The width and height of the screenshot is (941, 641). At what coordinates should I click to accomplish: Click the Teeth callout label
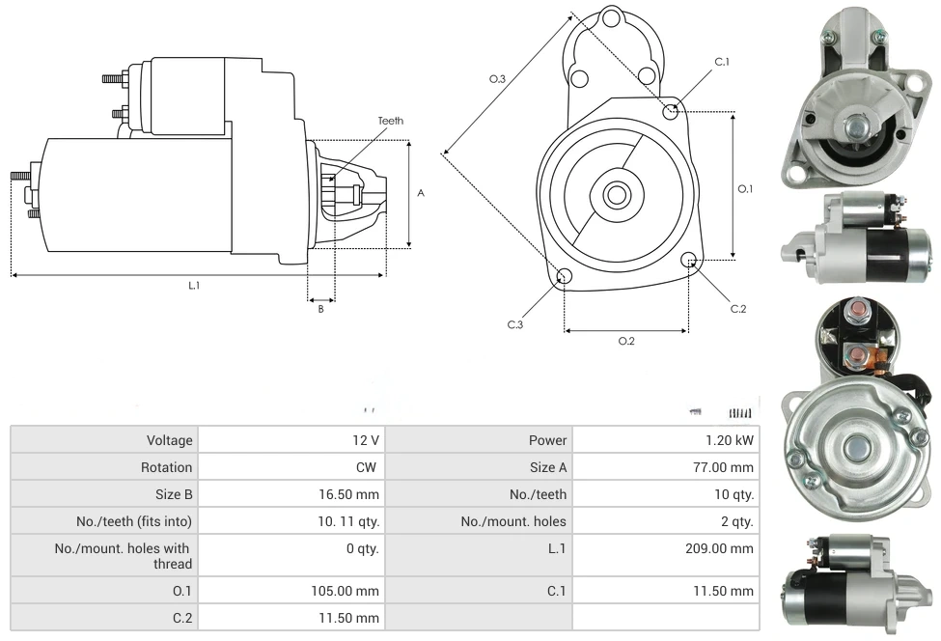click(391, 121)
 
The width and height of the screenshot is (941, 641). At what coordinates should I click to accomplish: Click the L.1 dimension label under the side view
click(194, 285)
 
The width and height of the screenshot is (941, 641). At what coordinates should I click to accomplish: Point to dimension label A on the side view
click(421, 193)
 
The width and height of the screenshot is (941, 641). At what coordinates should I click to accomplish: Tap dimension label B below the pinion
click(320, 309)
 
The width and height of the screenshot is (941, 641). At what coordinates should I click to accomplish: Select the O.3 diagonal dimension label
click(497, 79)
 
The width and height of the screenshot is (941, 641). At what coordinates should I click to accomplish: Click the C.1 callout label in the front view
click(722, 62)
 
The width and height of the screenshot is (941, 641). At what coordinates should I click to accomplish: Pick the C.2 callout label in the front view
click(738, 309)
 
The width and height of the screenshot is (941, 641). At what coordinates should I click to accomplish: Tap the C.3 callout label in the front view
click(515, 324)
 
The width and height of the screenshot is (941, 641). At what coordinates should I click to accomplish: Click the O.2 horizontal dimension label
click(626, 341)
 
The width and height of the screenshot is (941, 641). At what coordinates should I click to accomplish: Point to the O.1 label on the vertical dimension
click(745, 189)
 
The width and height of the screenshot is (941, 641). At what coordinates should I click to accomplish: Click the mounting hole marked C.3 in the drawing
click(565, 278)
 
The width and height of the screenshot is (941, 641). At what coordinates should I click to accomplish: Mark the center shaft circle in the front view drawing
click(616, 195)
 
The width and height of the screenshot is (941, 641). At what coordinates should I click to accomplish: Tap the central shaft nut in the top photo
click(854, 125)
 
